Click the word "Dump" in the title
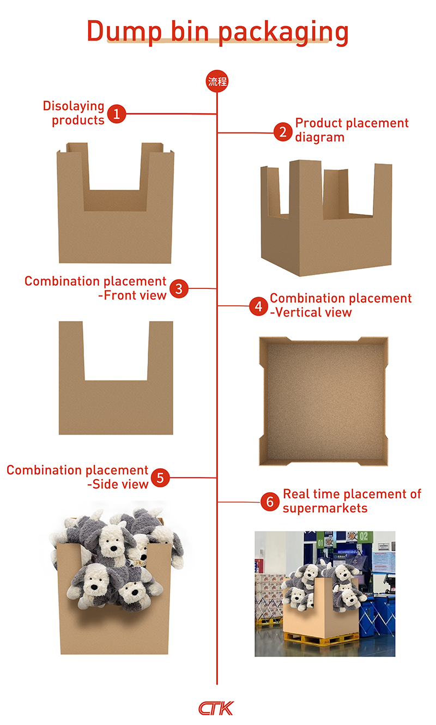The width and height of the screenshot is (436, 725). click(x=124, y=31)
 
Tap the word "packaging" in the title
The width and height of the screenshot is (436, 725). click(x=283, y=33)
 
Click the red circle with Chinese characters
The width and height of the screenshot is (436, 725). click(x=217, y=81)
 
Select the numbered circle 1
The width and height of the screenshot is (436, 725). click(x=117, y=113)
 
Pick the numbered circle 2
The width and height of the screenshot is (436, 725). click(x=283, y=132)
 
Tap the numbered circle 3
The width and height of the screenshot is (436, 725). click(x=179, y=288)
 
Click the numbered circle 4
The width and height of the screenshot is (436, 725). click(x=258, y=306)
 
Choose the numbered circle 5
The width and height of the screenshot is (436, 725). click(x=160, y=478)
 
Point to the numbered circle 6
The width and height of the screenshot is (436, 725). click(x=270, y=502)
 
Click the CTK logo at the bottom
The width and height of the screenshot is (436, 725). click(x=216, y=708)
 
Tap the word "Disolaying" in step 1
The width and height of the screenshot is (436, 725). click(x=74, y=106)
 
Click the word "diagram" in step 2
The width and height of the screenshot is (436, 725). click(x=319, y=137)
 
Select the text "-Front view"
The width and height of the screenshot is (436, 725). click(x=132, y=295)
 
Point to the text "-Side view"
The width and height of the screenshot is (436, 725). click(x=118, y=485)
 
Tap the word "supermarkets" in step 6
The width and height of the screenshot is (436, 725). click(x=325, y=509)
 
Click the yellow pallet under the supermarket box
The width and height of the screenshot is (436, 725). click(x=320, y=639)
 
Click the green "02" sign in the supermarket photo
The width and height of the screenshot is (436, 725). click(x=364, y=536)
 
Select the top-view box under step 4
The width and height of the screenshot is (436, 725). click(x=324, y=401)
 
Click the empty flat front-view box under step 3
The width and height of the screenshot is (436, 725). click(x=116, y=407)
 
